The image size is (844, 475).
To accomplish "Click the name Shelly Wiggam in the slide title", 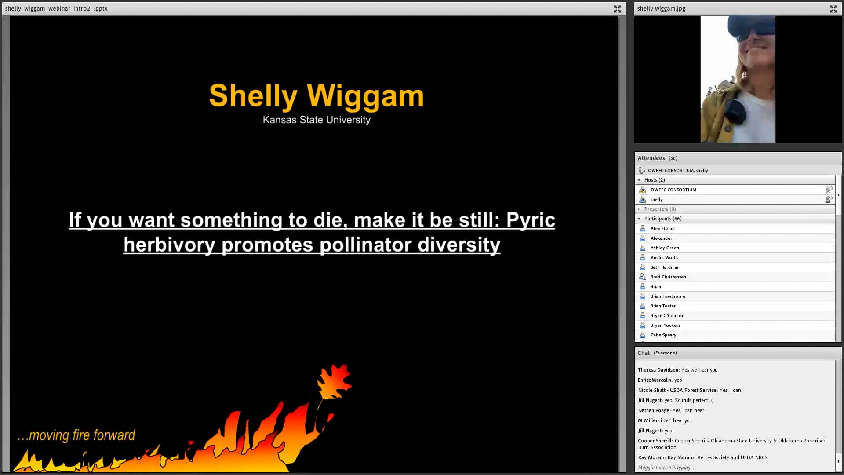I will pos(316,96).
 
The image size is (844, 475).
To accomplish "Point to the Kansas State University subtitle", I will pos(316,120).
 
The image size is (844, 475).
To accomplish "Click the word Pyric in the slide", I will pos(531,220).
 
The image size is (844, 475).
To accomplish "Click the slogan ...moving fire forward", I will pos(76,435).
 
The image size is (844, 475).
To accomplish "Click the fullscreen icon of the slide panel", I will pos(618,9).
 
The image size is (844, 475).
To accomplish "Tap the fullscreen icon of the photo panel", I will pos(833,9).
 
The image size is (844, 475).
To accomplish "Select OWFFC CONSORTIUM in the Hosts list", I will pos(673,190).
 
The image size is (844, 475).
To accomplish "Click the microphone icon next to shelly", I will pos(828,199).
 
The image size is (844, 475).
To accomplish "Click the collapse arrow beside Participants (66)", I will pos(639,219).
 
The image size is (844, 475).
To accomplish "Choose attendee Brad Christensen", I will pos(668,277).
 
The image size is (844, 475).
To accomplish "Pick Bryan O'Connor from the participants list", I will pos(667,316).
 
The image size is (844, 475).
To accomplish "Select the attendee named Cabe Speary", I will pos(663,335).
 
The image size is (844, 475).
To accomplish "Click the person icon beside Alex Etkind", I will pos(643,229).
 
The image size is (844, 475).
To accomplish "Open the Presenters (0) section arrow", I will pos(639,209).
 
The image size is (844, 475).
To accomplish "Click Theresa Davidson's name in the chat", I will pos(658,370).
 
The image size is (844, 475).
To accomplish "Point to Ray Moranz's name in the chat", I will pos(651,458).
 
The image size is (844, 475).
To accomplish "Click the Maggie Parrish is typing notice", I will pos(666,468).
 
